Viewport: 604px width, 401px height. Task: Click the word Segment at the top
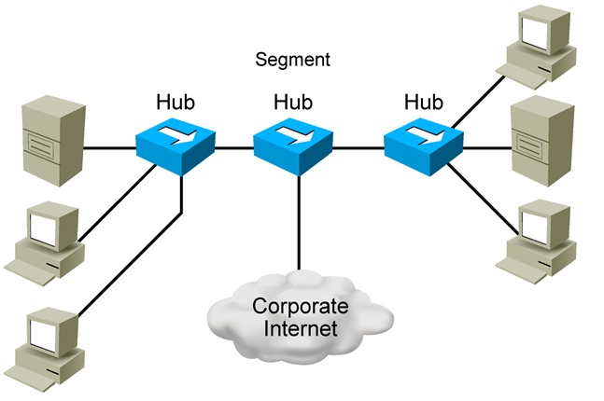[292, 61]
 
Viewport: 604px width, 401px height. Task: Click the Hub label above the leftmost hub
[175, 100]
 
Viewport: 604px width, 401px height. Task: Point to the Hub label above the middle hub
[292, 100]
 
